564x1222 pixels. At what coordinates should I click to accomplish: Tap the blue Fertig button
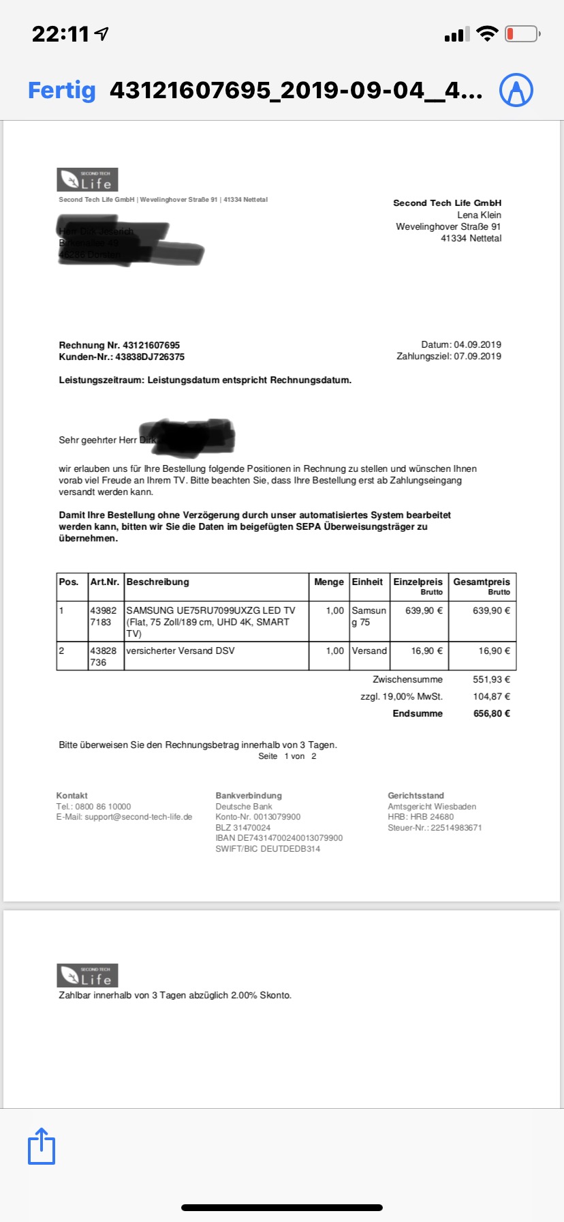point(62,90)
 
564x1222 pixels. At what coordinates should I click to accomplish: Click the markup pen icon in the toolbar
point(516,90)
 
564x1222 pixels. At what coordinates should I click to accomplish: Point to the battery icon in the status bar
point(522,34)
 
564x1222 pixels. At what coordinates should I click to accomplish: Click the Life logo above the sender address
point(87,179)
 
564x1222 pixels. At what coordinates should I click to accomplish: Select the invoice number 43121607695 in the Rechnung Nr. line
point(151,345)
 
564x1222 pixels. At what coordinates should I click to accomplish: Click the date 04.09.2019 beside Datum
point(477,344)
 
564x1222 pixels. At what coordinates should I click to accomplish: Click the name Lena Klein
point(479,215)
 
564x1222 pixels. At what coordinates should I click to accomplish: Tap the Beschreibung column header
point(158,582)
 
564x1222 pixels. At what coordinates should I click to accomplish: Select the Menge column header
point(329,582)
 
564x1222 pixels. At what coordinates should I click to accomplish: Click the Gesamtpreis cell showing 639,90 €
point(491,610)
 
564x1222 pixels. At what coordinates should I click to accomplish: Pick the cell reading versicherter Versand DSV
point(181,651)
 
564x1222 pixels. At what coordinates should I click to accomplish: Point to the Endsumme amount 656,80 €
point(492,713)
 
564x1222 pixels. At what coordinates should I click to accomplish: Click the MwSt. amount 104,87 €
point(492,696)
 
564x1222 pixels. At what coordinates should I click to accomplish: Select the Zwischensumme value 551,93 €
point(492,679)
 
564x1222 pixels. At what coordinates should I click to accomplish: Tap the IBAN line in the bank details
point(279,838)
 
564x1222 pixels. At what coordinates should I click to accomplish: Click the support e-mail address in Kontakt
point(138,817)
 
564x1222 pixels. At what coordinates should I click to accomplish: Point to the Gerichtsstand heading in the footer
point(416,796)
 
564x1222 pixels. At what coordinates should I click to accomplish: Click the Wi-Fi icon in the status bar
point(487,34)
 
